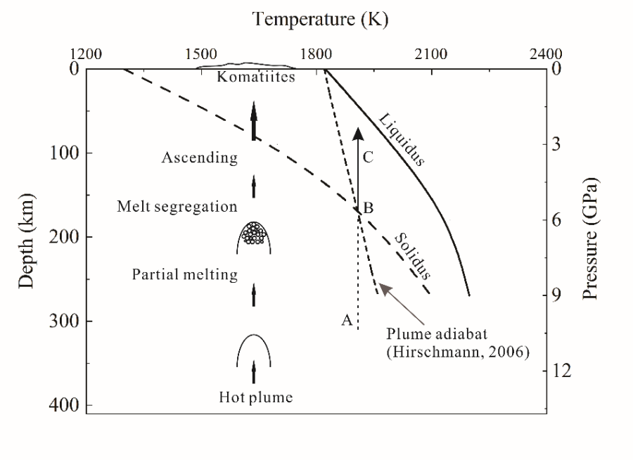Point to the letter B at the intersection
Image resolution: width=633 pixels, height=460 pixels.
[x=368, y=207]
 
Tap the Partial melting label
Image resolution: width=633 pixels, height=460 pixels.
[x=184, y=275]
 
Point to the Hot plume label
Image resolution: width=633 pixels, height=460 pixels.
[x=255, y=397]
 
